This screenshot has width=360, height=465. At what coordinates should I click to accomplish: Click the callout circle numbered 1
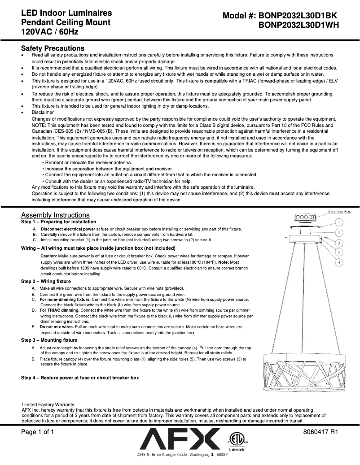tap(340, 222)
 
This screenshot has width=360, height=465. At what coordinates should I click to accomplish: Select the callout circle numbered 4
tap(340, 262)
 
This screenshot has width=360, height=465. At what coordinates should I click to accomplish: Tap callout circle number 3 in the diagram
tap(340, 243)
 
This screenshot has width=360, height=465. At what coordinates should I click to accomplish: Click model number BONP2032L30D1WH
tap(299, 26)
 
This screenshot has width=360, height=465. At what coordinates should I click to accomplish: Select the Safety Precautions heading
tap(53, 48)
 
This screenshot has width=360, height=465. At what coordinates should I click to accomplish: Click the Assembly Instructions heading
tap(55, 215)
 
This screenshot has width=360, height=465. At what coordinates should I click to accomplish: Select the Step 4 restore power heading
tap(80, 378)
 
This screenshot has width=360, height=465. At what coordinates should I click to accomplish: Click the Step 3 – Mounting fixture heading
tap(49, 340)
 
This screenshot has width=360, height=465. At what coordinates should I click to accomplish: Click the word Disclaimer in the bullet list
tap(43, 112)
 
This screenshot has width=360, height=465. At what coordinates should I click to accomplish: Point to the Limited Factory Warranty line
tap(48, 404)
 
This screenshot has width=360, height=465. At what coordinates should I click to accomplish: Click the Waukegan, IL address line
tap(182, 455)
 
